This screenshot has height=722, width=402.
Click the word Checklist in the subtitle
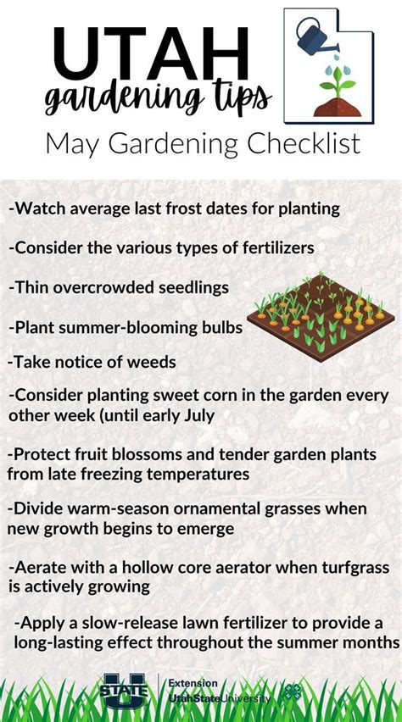point(302,142)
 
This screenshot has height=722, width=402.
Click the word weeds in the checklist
point(152,362)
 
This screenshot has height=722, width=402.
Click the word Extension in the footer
point(193,683)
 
